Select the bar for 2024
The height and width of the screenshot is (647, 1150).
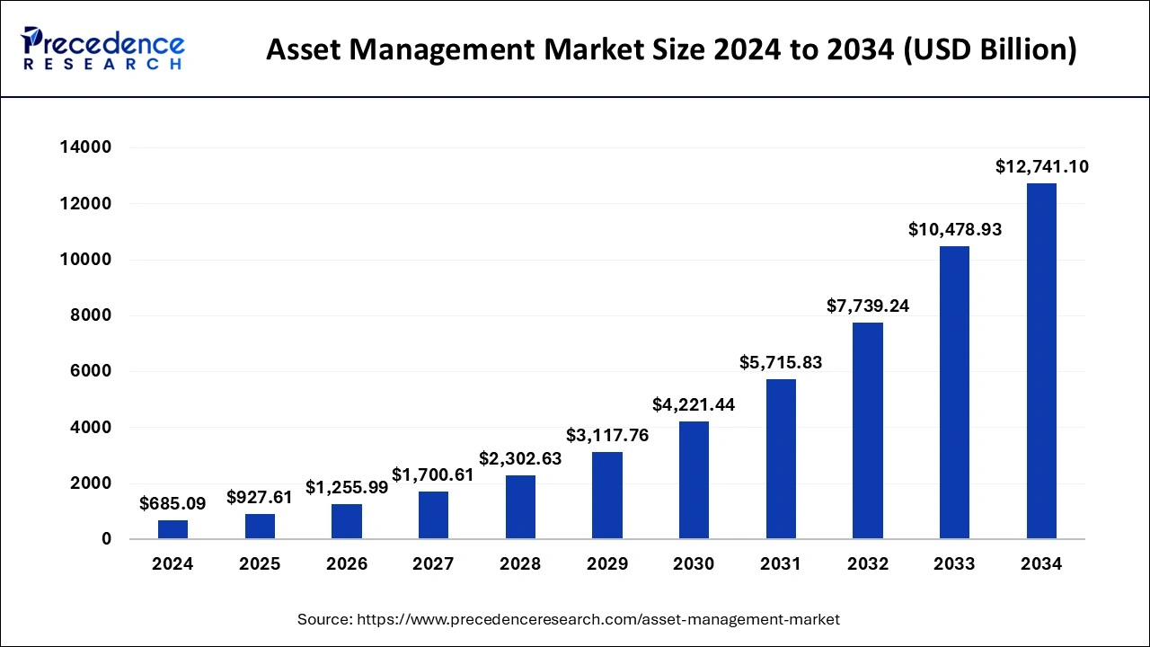pyautogui.click(x=172, y=529)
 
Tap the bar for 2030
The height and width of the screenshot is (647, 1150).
pyautogui.click(x=694, y=480)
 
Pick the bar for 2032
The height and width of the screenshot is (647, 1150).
pyautogui.click(x=868, y=430)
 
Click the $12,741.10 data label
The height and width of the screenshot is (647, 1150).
pyautogui.click(x=1041, y=166)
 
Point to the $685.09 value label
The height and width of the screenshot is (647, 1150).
pyautogui.click(x=172, y=504)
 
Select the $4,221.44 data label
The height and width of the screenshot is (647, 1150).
pyautogui.click(x=694, y=405)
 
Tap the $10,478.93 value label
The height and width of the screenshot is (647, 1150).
pyautogui.click(x=954, y=230)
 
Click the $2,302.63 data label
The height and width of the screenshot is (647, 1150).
pyautogui.click(x=520, y=458)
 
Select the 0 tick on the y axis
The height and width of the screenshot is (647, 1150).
pyautogui.click(x=106, y=539)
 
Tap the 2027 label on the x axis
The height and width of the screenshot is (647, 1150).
pyautogui.click(x=433, y=564)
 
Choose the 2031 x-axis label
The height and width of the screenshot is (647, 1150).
pyautogui.click(x=781, y=564)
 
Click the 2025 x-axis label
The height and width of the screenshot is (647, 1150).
pyautogui.click(x=260, y=564)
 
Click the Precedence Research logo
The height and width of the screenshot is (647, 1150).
pyautogui.click(x=103, y=49)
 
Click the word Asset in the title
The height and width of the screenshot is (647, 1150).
pyautogui.click(x=305, y=49)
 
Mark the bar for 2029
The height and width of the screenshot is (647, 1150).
pyautogui.click(x=607, y=495)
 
